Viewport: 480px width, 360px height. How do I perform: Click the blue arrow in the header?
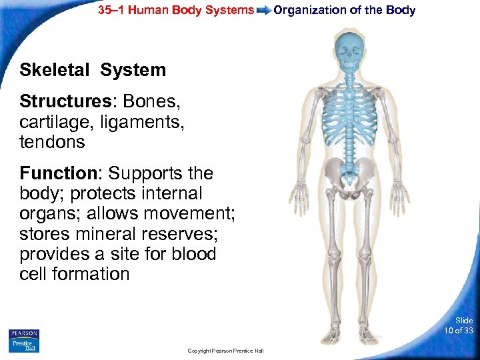pyautogui.click(x=263, y=10)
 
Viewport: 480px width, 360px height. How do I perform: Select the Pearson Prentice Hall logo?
pyautogui.click(x=24, y=341)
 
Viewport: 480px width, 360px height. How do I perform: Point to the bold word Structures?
pyautogui.click(x=59, y=102)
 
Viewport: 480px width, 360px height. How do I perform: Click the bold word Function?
pyautogui.click(x=58, y=173)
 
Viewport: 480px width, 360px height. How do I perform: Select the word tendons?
pyautogui.click(x=52, y=142)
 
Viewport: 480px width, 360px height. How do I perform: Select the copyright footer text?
pyautogui.click(x=225, y=351)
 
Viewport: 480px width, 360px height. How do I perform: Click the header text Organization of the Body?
pyautogui.click(x=344, y=10)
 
